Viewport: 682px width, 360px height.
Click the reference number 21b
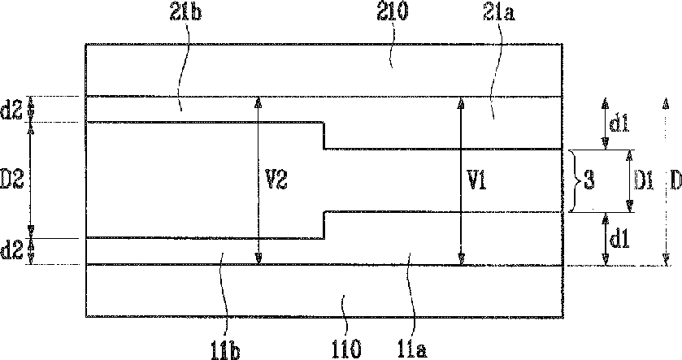[185, 13]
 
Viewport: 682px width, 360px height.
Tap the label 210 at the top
[393, 12]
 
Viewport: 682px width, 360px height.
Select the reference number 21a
[499, 13]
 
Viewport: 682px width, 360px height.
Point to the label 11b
[226, 350]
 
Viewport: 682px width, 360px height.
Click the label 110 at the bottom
[345, 349]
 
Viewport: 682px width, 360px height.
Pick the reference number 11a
[412, 349]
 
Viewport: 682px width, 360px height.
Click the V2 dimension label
[276, 180]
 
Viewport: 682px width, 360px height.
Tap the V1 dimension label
[476, 180]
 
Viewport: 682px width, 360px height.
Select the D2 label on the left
[11, 180]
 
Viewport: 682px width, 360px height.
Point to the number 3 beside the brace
[589, 180]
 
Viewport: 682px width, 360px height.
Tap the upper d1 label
[619, 124]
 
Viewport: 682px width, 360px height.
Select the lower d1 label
[619, 240]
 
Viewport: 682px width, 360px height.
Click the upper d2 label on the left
[11, 111]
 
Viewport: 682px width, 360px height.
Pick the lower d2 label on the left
[11, 251]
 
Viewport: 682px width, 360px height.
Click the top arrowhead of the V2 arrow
[258, 102]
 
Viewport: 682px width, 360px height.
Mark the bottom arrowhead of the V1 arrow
[462, 259]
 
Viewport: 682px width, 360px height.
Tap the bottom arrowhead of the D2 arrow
[31, 231]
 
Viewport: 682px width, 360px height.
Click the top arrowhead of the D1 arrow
[629, 155]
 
